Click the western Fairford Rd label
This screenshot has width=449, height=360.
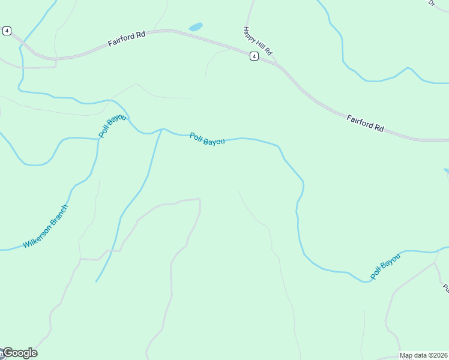coord(127,39)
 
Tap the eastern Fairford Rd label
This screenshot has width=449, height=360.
coord(365,124)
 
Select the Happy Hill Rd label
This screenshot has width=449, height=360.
coord(258,41)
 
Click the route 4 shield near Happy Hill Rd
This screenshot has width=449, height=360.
coord(255,56)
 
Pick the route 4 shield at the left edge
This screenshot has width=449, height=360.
coord(7,31)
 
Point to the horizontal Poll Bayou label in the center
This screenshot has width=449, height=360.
coord(207,139)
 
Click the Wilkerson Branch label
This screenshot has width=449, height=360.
coord(46,226)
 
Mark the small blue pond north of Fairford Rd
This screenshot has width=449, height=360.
coord(196,27)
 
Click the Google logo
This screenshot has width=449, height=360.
coord(19,353)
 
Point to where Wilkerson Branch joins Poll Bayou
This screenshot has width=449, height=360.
coord(98,139)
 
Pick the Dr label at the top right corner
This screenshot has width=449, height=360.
coord(431,3)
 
